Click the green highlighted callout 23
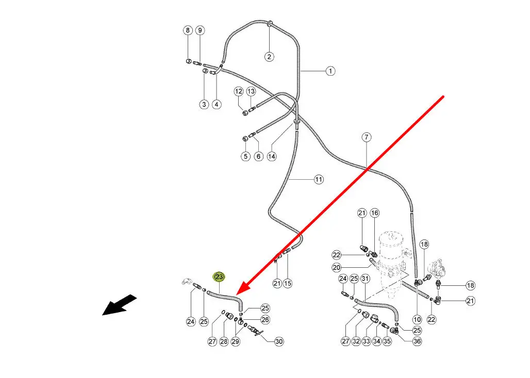pos(219,277)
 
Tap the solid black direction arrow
pos(119,305)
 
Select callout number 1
pos(330,71)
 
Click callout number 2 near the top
pos(269,57)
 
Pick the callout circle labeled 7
pos(366,137)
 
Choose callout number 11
pos(319,179)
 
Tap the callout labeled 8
pos(188,30)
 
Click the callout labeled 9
pos(200,30)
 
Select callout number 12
pos(238,91)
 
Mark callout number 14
pos(271,156)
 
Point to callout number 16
pos(374,213)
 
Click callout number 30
pos(279,341)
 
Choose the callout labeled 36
pos(417,341)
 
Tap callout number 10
pos(417,320)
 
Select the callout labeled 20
pos(337,267)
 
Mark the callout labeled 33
pos(366,341)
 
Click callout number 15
pos(288,283)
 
